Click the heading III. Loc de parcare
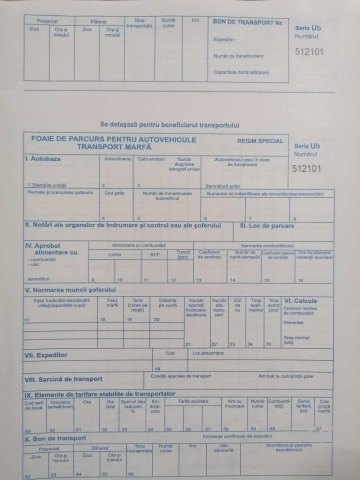pos(269,225)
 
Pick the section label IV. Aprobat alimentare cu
pos(52,248)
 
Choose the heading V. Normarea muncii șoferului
pos(84,290)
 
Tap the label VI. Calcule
pos(300,299)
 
